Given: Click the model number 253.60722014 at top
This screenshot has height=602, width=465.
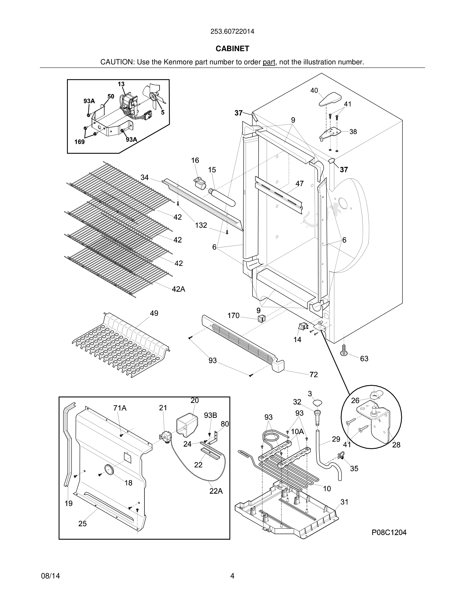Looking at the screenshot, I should (232, 31).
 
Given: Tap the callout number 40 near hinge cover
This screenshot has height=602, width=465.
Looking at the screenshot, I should (314, 90).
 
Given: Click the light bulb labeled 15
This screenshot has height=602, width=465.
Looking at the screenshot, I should (222, 197).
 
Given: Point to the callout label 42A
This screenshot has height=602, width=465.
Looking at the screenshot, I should (179, 289).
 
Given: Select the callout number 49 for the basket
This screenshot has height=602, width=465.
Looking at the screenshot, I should (154, 313).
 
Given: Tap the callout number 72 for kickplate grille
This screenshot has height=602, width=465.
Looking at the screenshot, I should (314, 374).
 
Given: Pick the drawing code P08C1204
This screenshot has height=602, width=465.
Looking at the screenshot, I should (389, 532).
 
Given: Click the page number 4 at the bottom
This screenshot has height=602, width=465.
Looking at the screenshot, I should (232, 576).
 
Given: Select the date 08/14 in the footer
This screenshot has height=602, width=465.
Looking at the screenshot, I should (50, 576).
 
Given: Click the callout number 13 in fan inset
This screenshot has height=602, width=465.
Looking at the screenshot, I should (121, 84).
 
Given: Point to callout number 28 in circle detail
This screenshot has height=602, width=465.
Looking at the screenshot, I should (396, 445).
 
